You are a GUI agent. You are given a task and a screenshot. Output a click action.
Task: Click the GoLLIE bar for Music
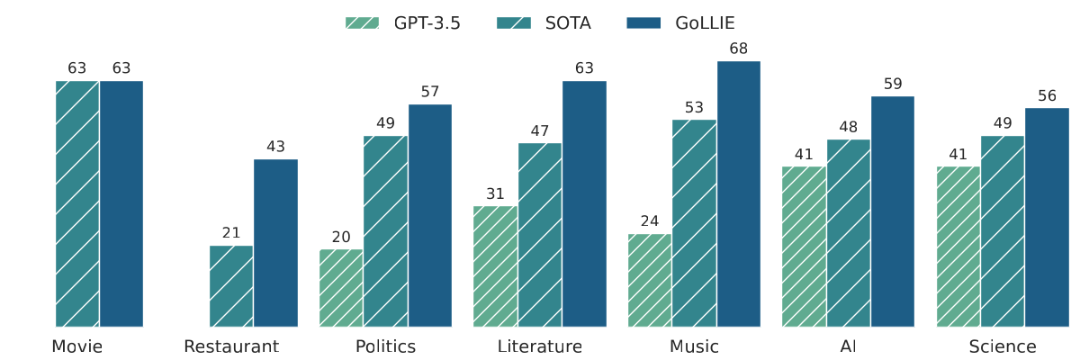[x=739, y=193]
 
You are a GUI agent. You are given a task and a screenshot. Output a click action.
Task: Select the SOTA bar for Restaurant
[x=231, y=286]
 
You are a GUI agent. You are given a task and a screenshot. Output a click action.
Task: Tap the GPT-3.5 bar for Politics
[x=341, y=288]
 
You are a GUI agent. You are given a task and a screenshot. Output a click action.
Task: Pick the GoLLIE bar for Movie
[x=121, y=204]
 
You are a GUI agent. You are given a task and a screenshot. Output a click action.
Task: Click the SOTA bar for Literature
[x=540, y=235]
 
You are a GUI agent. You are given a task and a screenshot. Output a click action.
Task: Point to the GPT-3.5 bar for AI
[x=804, y=247]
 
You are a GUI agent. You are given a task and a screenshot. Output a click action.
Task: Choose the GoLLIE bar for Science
[x=1048, y=217]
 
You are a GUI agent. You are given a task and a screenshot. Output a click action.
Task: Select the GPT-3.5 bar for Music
[x=650, y=281]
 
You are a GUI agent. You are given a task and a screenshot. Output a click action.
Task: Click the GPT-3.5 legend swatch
[x=362, y=22]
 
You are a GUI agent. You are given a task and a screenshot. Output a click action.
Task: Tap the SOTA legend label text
[x=568, y=23]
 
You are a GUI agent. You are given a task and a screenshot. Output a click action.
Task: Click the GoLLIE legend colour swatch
[x=643, y=22]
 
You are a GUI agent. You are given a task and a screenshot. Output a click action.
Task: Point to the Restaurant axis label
[x=231, y=346]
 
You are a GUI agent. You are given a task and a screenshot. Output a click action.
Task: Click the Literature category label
[x=540, y=346]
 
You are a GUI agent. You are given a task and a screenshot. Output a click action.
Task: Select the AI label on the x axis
[x=848, y=346]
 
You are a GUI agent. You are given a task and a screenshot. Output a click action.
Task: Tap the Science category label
[x=1003, y=346]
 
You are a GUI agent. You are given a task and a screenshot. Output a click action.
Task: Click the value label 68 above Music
[x=739, y=49]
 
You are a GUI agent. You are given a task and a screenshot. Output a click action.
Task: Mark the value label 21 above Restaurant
[x=231, y=233]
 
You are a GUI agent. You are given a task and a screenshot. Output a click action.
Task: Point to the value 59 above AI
[x=893, y=84]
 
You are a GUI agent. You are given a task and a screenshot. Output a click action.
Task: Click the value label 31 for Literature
[x=495, y=193]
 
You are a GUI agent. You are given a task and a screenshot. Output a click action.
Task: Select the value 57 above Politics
[x=430, y=92]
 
